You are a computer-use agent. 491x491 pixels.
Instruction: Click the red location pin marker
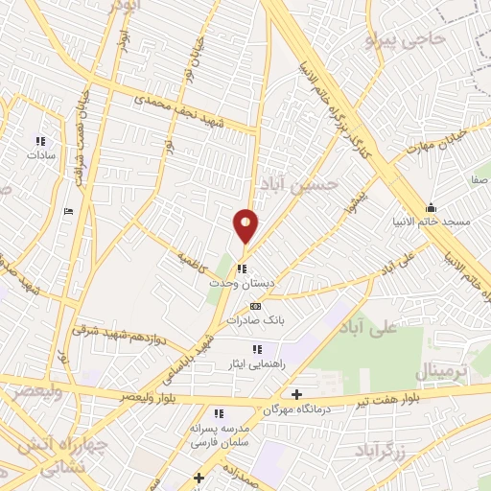coord(245,225)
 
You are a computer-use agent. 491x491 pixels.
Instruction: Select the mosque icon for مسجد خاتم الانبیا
coord(431,208)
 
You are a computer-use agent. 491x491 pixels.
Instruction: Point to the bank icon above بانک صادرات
coord(254,306)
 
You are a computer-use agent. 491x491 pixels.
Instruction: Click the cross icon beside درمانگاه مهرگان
coord(296,394)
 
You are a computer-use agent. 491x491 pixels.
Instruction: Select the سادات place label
coord(42,153)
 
